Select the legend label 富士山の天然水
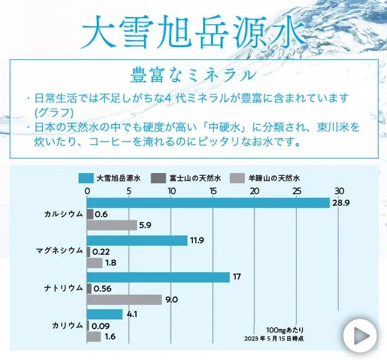tap(195, 178)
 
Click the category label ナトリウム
tap(63, 288)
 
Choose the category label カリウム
tap(67, 325)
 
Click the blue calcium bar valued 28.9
tap(208, 203)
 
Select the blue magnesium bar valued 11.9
tap(137, 240)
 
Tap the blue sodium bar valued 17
tap(158, 277)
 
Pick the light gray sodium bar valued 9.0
tap(125, 299)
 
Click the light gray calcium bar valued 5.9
tap(112, 225)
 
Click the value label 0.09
tap(100, 326)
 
